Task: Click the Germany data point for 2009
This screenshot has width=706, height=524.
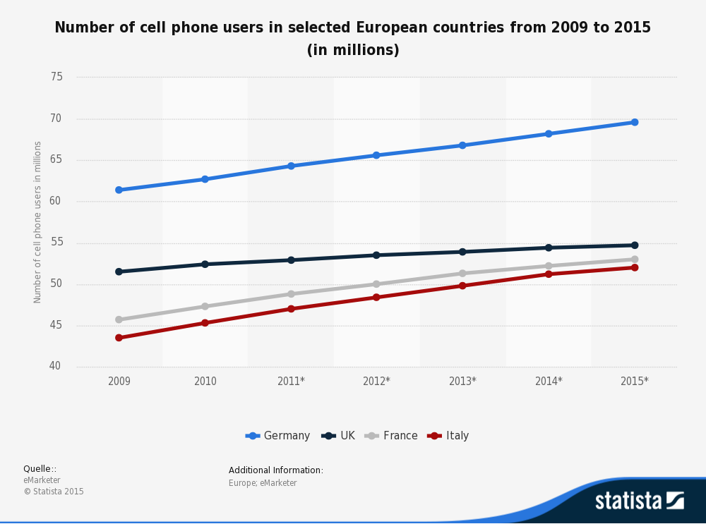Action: pos(119,190)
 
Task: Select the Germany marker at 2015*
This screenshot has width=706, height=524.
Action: pos(635,122)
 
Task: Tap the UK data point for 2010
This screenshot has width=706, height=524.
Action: pos(205,264)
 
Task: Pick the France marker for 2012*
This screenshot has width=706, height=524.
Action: pos(376,284)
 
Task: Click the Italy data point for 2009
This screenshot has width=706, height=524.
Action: pos(119,338)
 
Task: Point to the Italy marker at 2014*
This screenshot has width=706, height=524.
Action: pos(549,274)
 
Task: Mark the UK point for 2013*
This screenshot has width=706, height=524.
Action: pos(462,252)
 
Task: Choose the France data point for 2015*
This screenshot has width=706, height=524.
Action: pos(635,260)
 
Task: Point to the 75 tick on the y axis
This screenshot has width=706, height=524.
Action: pos(56,77)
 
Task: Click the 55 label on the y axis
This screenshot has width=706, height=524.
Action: pos(56,243)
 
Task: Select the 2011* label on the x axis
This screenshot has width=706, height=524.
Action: pos(291,382)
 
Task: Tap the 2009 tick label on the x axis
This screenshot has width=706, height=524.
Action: pos(119,382)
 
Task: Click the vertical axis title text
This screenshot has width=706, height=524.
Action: pos(38,222)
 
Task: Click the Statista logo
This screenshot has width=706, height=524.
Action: pos(639,501)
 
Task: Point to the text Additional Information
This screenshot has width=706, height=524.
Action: pos(275,470)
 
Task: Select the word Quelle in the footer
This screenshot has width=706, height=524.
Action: pos(38,469)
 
